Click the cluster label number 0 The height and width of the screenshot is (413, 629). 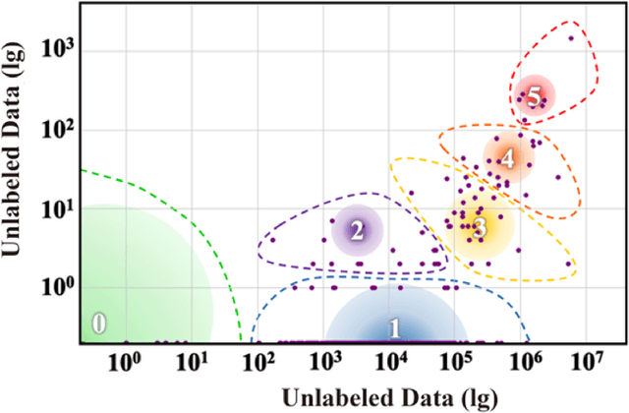[98, 323]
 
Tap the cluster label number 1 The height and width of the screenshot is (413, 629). [394, 327]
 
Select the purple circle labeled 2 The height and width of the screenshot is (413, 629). [357, 231]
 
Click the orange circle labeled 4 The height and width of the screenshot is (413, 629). [507, 156]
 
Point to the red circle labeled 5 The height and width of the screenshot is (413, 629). [534, 96]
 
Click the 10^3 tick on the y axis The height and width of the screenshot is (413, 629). [59, 49]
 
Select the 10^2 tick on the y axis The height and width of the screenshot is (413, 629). [59, 129]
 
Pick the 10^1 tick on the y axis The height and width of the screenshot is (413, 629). [59, 208]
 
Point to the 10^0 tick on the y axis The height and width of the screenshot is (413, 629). [59, 288]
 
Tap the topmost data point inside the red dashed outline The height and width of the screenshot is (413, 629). [571, 38]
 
